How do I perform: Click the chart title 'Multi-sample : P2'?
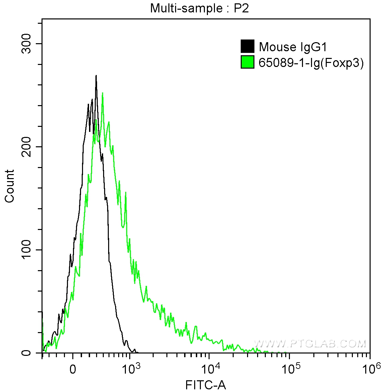pyautogui.click(x=199, y=8)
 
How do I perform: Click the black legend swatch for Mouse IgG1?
pyautogui.click(x=247, y=47)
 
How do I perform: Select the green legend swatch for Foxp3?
pyautogui.click(x=247, y=62)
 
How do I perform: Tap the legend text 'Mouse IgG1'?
pyautogui.click(x=293, y=47)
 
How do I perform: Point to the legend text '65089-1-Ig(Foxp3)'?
pyautogui.click(x=311, y=63)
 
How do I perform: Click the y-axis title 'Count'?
pyautogui.click(x=10, y=186)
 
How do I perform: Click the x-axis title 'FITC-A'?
pyautogui.click(x=206, y=385)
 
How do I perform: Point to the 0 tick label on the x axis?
pyautogui.click(x=73, y=370)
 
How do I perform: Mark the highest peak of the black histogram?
pyautogui.click(x=96, y=76)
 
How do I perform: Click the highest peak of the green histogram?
pyautogui.click(x=102, y=93)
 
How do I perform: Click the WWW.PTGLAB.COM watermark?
pyautogui.click(x=310, y=343)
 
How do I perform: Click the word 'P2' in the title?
pyautogui.click(x=241, y=8)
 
